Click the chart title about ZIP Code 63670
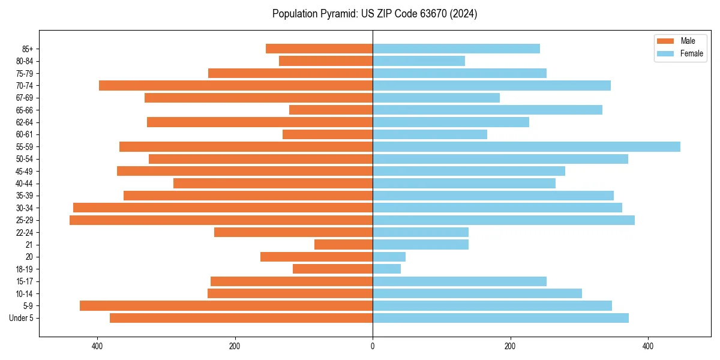click(374, 14)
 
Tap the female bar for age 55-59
click(526, 147)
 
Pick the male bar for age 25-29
click(221, 220)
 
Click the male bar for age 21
click(343, 245)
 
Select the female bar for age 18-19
click(386, 269)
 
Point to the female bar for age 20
click(389, 257)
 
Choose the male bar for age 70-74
click(236, 86)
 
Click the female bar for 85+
click(456, 49)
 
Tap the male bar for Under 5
click(241, 318)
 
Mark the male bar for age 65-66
click(331, 110)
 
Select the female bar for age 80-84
click(419, 61)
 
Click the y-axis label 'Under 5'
click(21, 318)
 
